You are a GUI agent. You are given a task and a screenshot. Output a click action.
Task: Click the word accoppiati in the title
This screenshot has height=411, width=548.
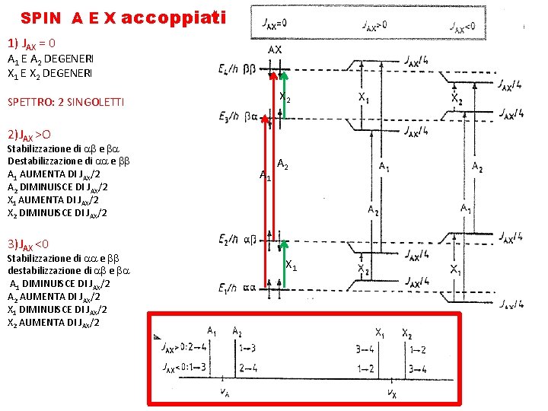tap(173, 17)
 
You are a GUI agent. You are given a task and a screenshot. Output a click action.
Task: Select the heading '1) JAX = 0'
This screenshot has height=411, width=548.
tap(30, 43)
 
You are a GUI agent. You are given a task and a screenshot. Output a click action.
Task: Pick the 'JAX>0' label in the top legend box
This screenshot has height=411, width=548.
tap(373, 24)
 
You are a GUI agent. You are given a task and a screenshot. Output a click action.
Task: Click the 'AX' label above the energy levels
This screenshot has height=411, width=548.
tap(275, 49)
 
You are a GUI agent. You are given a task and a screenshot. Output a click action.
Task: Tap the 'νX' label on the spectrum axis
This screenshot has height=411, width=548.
tap(391, 393)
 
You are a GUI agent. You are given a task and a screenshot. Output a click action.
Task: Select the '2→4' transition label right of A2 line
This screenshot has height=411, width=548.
tap(248, 368)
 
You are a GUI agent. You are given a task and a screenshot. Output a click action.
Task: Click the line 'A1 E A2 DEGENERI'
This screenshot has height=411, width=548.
tap(50, 60)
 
